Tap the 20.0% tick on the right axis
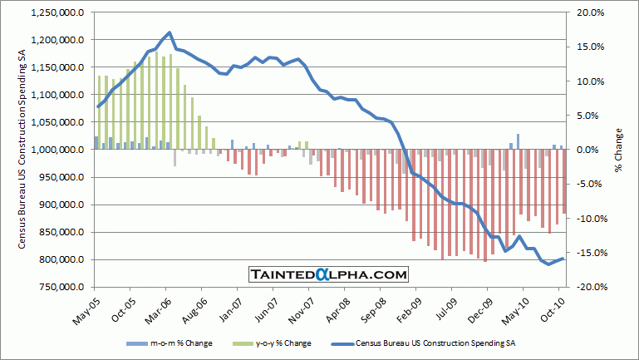pos(585,13)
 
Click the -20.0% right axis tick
pos(584,287)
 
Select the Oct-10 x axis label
pos(555,308)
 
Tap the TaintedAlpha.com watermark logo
pos(328,274)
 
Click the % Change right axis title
pos(620,150)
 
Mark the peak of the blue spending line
pos(170,33)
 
